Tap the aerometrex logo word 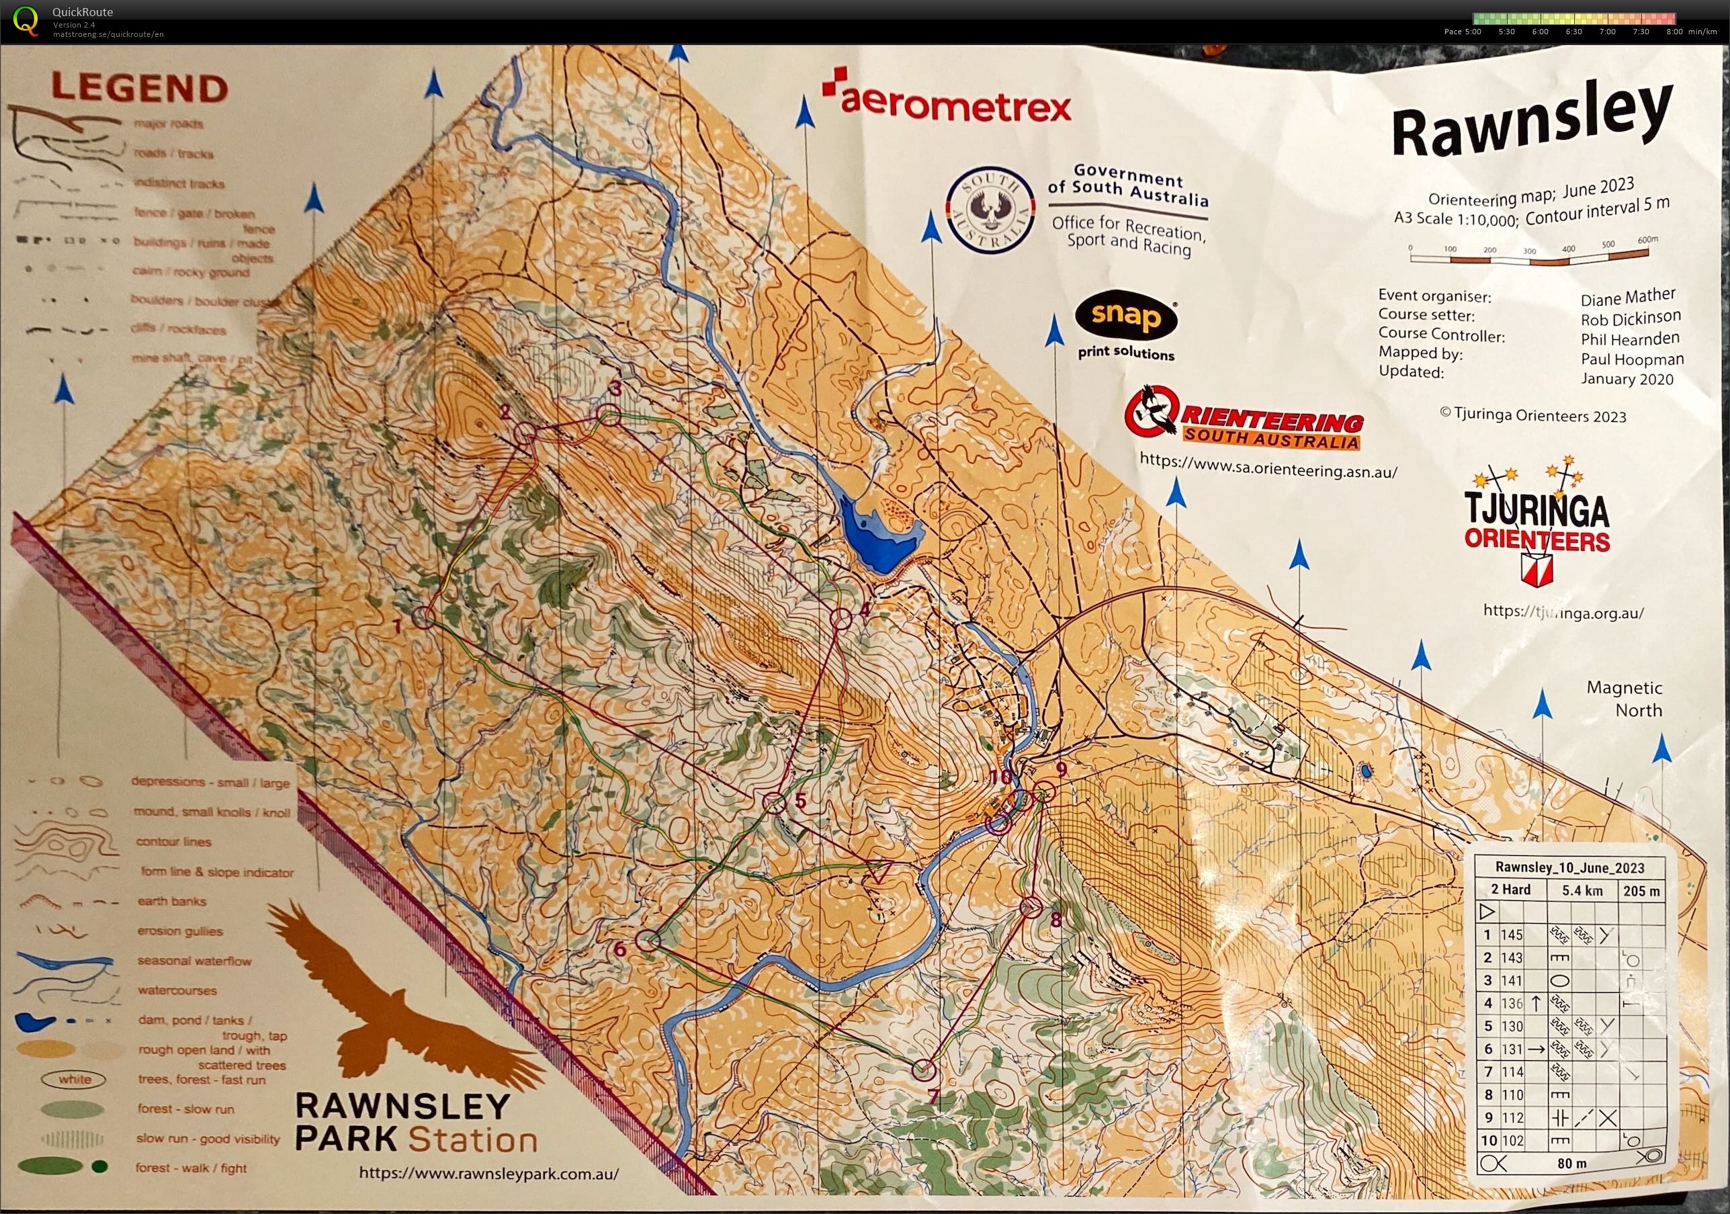(955, 105)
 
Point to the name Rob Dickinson (1630, 318)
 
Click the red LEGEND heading (139, 89)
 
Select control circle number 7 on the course (924, 1070)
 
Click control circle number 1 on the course (424, 617)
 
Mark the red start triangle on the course (879, 871)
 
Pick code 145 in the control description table (1512, 935)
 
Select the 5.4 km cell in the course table (1582, 891)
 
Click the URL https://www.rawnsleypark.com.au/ (488, 1173)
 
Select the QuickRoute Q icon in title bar (26, 20)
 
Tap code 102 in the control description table (1512, 1141)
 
